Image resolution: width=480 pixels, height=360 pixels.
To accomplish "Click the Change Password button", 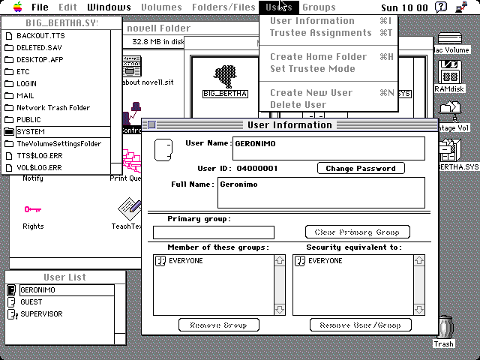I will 361,169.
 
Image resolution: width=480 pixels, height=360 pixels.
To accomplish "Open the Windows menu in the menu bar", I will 109,7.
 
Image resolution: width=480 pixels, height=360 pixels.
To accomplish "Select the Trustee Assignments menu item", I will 320,33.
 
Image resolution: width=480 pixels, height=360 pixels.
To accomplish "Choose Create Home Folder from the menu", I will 318,57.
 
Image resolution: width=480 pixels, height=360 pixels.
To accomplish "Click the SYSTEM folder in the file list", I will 31,131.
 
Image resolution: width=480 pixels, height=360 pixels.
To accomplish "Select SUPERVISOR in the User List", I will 41,314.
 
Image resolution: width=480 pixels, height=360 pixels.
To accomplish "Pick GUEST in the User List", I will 31,302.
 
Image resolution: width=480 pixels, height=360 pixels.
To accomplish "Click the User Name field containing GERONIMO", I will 328,148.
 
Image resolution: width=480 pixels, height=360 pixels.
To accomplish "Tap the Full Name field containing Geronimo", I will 320,192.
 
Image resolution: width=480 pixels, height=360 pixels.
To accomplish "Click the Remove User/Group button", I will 361,325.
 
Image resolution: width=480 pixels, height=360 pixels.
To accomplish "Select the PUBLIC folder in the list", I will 28,119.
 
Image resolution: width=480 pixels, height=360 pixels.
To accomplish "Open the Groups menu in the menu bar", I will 319,7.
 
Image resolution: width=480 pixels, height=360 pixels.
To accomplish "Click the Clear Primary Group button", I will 358,232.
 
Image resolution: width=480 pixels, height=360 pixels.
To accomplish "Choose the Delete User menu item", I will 298,105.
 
